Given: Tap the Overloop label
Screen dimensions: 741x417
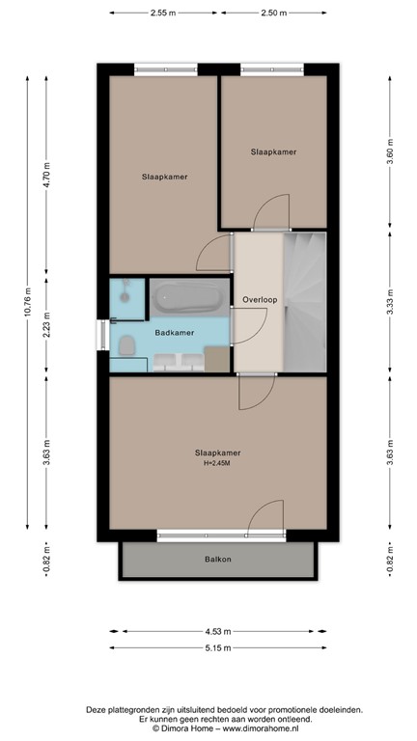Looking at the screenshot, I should (x=260, y=299).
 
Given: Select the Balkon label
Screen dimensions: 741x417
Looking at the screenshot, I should (x=217, y=559).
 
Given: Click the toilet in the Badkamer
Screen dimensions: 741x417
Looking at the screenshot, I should (x=125, y=344).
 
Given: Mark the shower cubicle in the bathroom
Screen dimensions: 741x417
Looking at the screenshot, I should (x=125, y=296).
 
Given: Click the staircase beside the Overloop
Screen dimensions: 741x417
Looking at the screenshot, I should (x=305, y=301).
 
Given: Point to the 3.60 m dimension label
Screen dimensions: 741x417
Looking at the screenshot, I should (x=389, y=156).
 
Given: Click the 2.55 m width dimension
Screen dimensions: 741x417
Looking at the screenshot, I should (x=163, y=13).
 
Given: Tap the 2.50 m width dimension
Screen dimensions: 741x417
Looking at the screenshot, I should (x=273, y=13).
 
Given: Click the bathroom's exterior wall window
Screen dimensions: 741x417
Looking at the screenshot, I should (x=100, y=334).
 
